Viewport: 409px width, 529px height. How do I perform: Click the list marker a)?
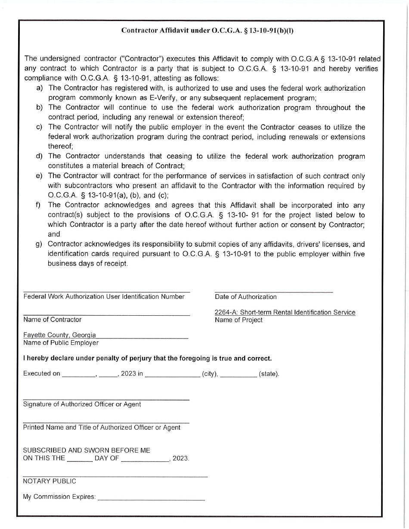[40, 88]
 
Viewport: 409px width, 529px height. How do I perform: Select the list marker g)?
[39, 244]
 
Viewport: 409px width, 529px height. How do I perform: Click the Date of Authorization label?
[245, 297]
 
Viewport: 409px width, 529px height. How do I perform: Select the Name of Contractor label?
[52, 320]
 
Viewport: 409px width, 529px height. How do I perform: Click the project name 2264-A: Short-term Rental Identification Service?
[285, 313]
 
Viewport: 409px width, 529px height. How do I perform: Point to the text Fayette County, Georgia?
[59, 335]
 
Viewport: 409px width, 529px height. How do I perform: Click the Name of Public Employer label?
[61, 343]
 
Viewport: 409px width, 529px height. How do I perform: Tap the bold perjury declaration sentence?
[147, 358]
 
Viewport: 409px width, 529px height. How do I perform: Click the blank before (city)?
[173, 374]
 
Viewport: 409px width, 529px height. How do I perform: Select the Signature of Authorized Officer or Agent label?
[82, 404]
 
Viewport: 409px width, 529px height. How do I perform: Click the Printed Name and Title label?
[102, 428]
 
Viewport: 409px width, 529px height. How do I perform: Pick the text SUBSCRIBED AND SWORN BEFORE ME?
[87, 450]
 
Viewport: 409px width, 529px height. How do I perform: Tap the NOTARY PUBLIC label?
[50, 481]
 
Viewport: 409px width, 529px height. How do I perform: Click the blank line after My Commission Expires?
[151, 498]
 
